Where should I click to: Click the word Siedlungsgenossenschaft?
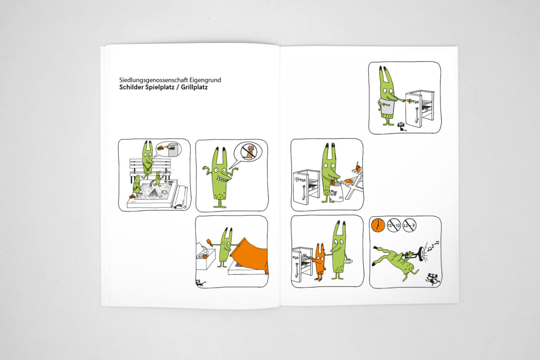click(153, 80)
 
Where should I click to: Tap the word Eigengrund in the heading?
click(205, 80)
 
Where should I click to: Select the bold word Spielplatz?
click(160, 87)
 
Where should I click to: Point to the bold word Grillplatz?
click(194, 87)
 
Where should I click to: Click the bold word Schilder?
click(131, 87)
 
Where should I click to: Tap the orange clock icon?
click(378, 225)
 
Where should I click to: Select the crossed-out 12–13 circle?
click(394, 225)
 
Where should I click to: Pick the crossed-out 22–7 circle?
click(409, 225)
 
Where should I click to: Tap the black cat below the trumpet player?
click(433, 279)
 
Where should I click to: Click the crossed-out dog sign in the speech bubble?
click(249, 153)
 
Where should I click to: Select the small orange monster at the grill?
click(319, 262)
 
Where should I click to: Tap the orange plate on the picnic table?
click(349, 181)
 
